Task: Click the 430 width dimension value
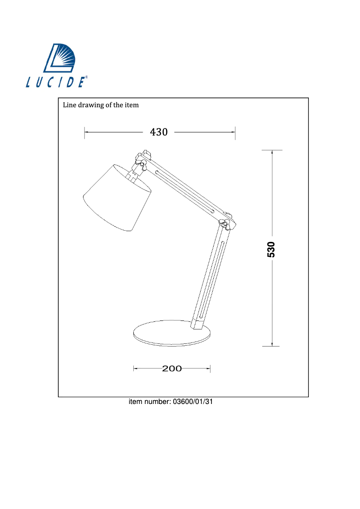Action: pyautogui.click(x=158, y=132)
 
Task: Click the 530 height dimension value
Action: pyautogui.click(x=271, y=249)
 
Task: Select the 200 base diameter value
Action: pyautogui.click(x=172, y=369)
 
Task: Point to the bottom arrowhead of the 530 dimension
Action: pyautogui.click(x=272, y=344)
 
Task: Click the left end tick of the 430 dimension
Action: pyautogui.click(x=85, y=132)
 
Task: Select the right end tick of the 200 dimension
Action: pyautogui.click(x=210, y=369)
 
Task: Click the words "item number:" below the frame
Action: pyautogui.click(x=149, y=402)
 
